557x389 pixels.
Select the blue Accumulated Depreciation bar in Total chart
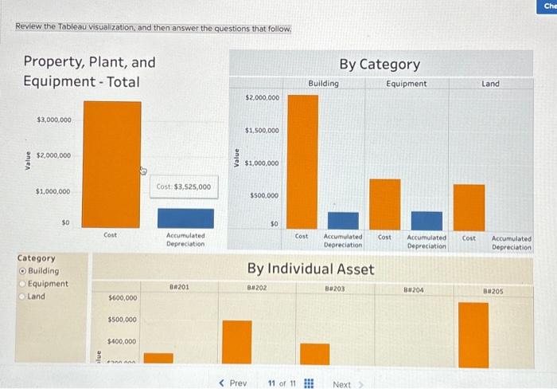click(x=185, y=218)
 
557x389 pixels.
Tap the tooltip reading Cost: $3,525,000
click(x=184, y=187)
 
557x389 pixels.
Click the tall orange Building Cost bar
click(x=302, y=159)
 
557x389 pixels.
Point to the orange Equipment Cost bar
click(x=385, y=202)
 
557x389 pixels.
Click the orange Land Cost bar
click(x=469, y=206)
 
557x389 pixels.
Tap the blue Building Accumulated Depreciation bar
click(x=343, y=219)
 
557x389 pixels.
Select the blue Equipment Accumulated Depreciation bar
click(x=427, y=219)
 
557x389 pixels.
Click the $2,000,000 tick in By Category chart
click(x=262, y=97)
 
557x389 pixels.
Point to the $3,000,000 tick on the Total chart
click(x=53, y=120)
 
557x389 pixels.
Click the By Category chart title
click(x=380, y=64)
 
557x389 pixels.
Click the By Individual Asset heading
click(x=310, y=269)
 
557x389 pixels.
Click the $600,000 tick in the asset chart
click(x=122, y=298)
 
